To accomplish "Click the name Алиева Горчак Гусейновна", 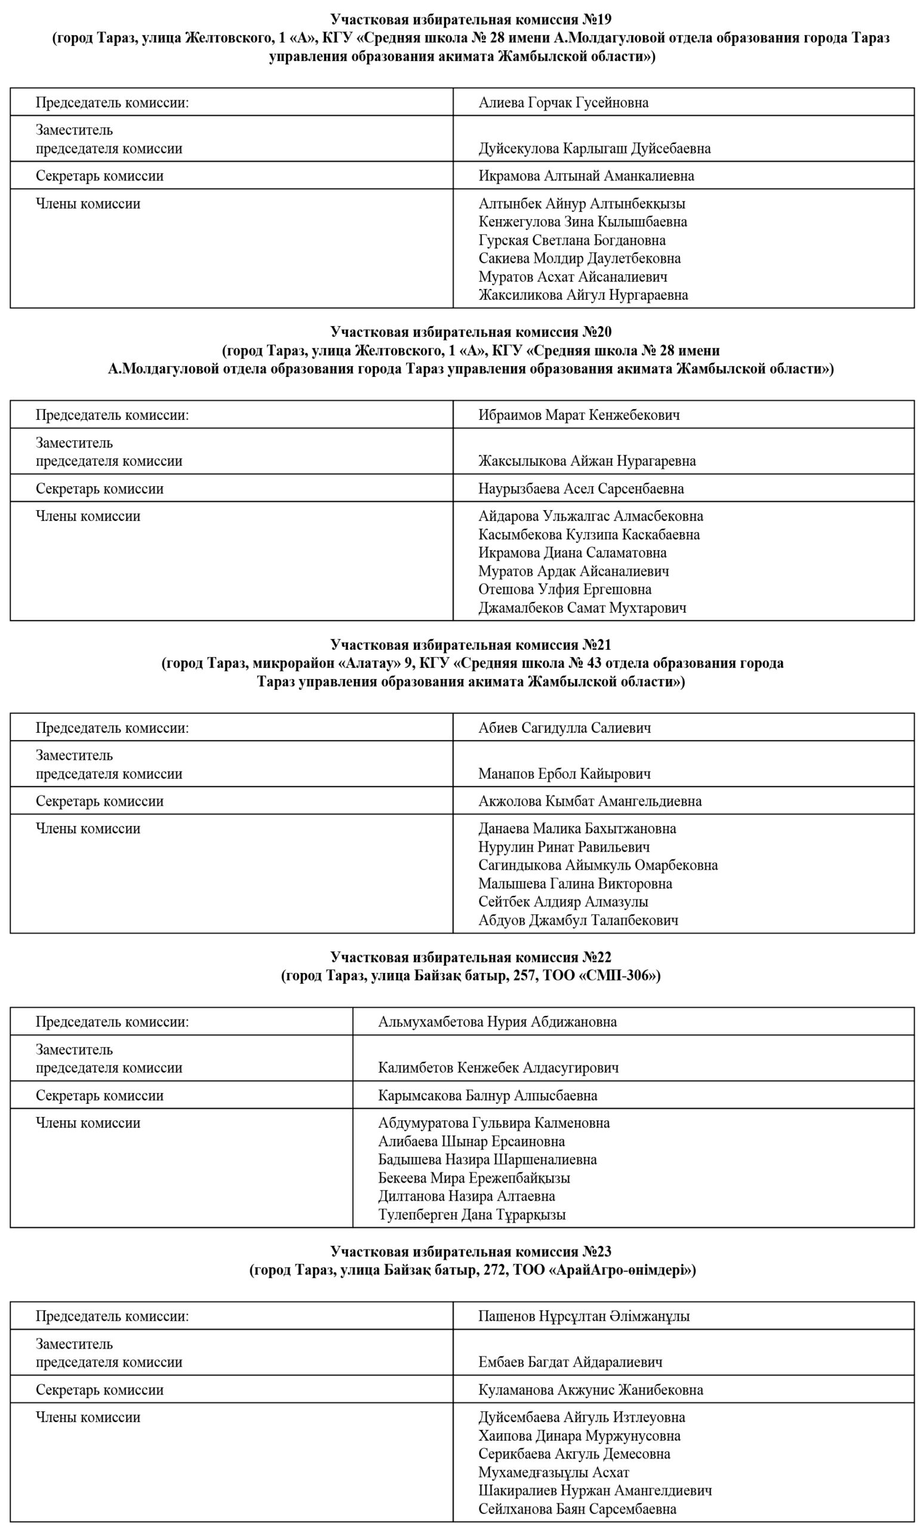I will pos(563,102).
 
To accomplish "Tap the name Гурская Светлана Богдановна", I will pos(571,240).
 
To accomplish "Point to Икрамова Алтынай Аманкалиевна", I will pos(586,176).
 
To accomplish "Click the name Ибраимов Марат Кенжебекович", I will pos(579,415).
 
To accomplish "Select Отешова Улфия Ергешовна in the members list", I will pos(564,589).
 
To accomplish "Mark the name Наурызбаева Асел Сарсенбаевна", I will pos(580,489).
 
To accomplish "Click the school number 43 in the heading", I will pos(594,664).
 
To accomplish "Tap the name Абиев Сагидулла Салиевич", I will pos(564,728).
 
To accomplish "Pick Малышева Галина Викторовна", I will pos(575,883).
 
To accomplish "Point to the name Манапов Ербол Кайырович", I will pos(564,774).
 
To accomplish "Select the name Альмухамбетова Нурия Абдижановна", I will pos(497,1022).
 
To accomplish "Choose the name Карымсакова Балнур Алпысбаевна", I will pos(488,1095).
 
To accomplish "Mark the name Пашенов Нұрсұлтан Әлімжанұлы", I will pos(584,1316).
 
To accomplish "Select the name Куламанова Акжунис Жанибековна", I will pos(590,1389).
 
